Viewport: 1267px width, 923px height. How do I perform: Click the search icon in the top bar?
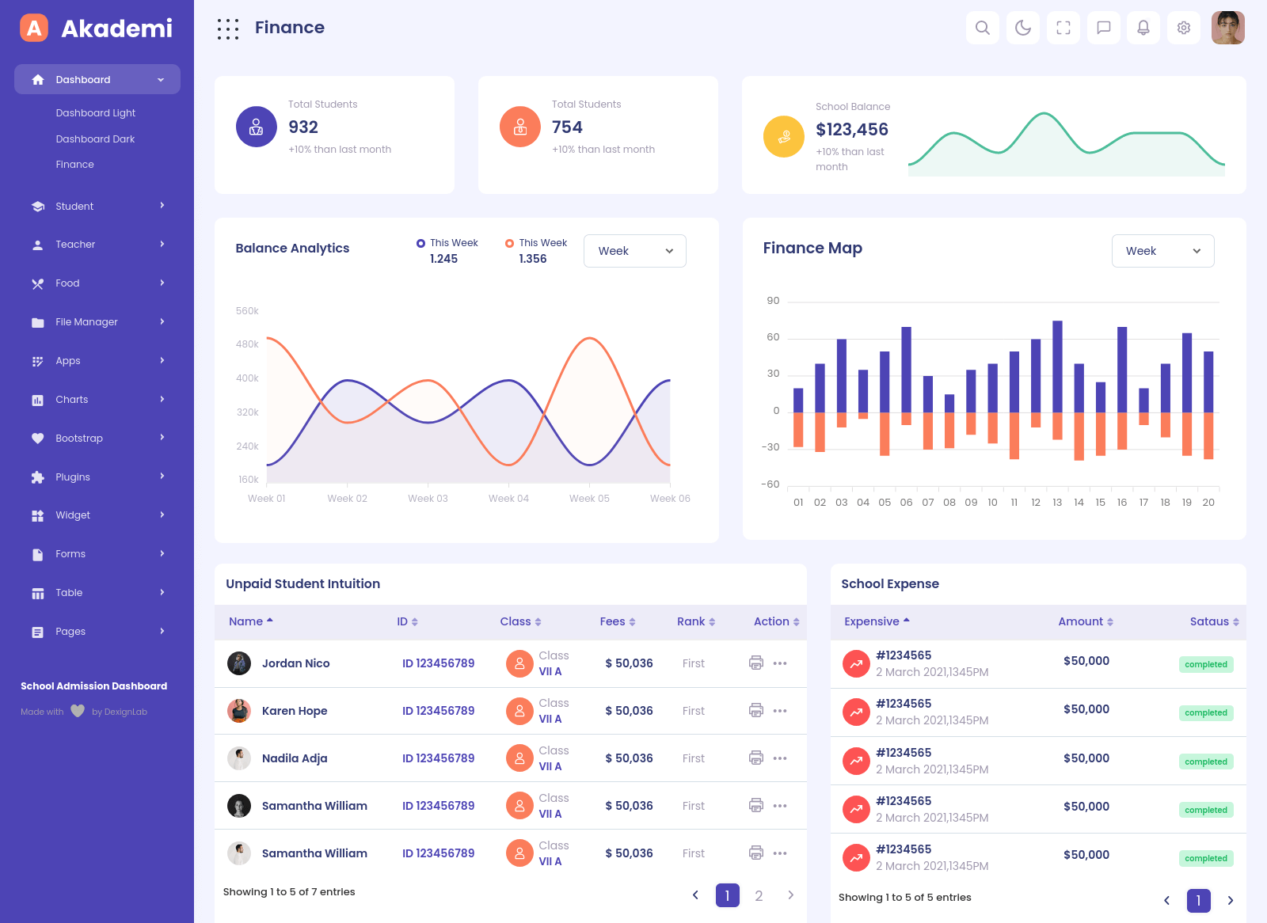982,28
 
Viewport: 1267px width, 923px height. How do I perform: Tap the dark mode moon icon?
1022,28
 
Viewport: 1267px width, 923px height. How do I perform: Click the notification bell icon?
1143,28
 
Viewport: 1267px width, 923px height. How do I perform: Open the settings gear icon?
1183,28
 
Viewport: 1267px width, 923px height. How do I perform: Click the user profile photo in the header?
1227,28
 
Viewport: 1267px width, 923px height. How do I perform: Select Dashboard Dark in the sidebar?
95,139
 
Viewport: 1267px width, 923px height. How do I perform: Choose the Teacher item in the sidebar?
75,245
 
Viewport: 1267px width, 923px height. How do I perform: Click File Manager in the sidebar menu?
86,322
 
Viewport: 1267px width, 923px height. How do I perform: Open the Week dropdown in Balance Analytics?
634,251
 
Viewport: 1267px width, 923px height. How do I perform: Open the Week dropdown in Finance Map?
1162,251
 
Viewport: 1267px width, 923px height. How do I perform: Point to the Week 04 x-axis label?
508,499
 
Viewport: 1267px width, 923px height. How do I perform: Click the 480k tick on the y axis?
247,344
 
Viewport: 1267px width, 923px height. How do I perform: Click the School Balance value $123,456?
852,130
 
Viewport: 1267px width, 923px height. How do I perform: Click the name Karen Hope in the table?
295,711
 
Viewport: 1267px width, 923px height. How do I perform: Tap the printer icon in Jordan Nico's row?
756,663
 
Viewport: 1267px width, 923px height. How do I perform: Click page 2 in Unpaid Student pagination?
759,895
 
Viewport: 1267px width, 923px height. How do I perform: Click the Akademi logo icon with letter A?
34,28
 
